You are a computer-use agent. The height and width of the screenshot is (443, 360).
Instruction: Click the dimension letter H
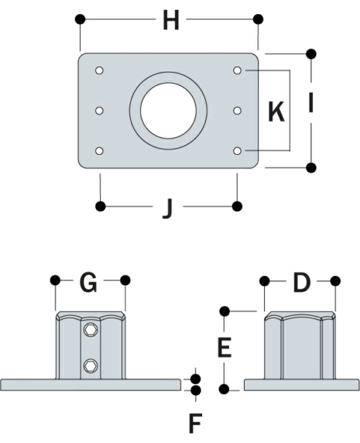click(170, 22)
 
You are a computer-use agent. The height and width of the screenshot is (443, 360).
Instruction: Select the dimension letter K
click(275, 112)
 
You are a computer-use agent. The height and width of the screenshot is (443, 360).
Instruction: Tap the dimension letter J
click(167, 208)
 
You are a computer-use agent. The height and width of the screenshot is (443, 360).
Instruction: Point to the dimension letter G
click(90, 283)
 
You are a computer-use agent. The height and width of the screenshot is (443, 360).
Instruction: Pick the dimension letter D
click(300, 283)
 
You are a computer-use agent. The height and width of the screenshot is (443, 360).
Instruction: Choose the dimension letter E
click(225, 349)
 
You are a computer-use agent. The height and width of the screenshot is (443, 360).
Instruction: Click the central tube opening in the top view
click(168, 110)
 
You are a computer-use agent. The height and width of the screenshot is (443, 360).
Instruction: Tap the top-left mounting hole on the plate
click(100, 71)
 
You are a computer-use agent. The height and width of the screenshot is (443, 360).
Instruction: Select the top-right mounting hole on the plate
click(237, 71)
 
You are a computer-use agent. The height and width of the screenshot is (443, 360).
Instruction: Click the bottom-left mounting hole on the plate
click(100, 150)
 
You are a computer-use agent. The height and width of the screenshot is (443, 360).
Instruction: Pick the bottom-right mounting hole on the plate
click(237, 150)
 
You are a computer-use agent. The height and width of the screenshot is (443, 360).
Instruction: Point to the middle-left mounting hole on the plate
click(100, 111)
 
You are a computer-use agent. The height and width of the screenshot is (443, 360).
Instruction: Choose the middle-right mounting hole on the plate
click(237, 111)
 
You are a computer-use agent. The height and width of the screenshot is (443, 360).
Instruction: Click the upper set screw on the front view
click(91, 331)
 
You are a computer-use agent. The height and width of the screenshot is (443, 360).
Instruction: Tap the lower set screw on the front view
click(91, 365)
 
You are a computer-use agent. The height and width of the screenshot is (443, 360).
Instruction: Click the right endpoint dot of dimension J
click(237, 205)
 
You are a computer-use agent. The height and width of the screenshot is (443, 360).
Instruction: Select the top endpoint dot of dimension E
click(225, 311)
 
